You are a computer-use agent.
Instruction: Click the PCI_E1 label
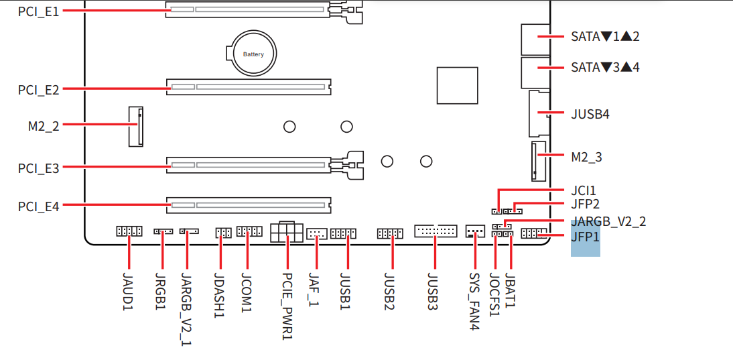(x=38, y=11)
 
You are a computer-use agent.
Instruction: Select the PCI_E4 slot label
(x=38, y=206)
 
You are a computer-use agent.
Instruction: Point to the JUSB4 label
(x=590, y=114)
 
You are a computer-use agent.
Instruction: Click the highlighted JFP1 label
(x=585, y=237)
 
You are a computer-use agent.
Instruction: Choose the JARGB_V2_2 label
(x=608, y=222)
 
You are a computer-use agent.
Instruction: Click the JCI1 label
(x=584, y=191)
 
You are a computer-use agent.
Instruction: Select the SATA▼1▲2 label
(x=605, y=37)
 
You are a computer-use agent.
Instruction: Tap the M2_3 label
(x=587, y=158)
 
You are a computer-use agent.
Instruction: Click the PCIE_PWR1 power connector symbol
(x=287, y=231)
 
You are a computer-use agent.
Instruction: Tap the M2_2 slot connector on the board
(x=135, y=126)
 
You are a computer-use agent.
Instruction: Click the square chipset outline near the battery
(x=457, y=85)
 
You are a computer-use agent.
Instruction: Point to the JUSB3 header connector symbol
(x=436, y=231)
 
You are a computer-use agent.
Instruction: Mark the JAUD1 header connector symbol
(x=129, y=231)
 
